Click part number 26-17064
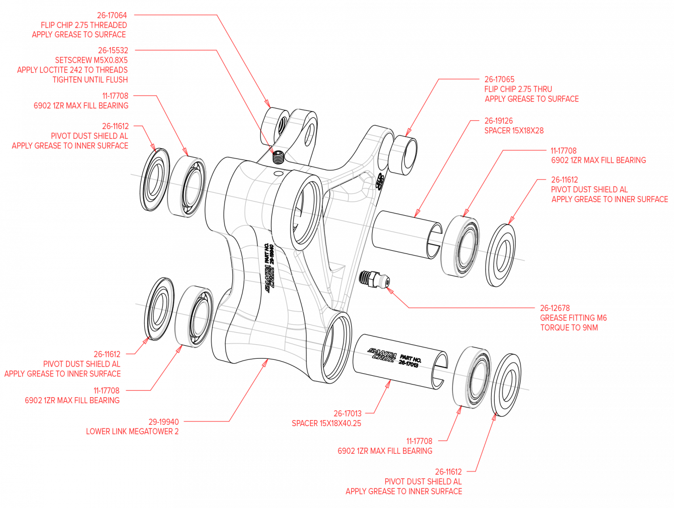coord(112,15)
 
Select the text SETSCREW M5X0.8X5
coord(91,60)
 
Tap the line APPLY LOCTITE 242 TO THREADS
coord(73,70)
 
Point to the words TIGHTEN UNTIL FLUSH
coord(90,80)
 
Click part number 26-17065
coord(499,80)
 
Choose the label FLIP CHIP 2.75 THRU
coord(518,89)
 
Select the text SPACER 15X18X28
coord(514,131)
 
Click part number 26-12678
coord(555,308)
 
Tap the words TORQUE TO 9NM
coord(569,327)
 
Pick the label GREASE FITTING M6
coord(573,318)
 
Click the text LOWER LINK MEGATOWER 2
coord(132,431)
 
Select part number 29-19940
coord(163,422)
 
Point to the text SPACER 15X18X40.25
coord(326,423)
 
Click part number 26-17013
coord(347,414)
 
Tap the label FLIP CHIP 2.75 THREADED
coord(84,25)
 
